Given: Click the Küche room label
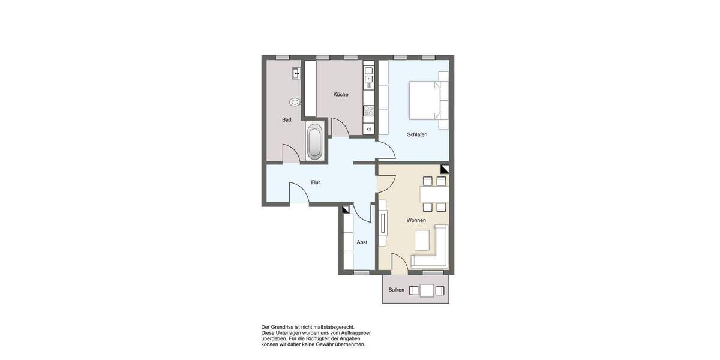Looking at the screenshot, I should (x=341, y=94).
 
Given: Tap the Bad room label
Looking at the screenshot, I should (x=287, y=119).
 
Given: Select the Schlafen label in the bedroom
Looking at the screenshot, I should (x=417, y=134).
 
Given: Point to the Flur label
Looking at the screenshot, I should (x=315, y=182).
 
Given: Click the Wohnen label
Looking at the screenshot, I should (x=416, y=220).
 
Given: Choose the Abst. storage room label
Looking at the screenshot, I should (x=362, y=242).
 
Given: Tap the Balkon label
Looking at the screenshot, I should (x=396, y=290).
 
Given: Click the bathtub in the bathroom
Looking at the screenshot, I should (x=314, y=141).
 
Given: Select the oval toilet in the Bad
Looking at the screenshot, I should (x=295, y=102).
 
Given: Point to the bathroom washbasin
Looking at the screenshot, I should (x=296, y=74).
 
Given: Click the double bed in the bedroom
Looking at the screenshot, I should (x=428, y=100).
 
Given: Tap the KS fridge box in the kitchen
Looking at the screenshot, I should (x=368, y=129).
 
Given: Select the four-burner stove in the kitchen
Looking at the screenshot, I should (x=368, y=111).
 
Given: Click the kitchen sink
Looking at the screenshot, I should (x=368, y=74).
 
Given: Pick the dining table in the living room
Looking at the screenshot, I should (x=434, y=194).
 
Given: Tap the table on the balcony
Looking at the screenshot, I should (x=427, y=291).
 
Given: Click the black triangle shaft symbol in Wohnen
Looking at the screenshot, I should (x=444, y=169).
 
